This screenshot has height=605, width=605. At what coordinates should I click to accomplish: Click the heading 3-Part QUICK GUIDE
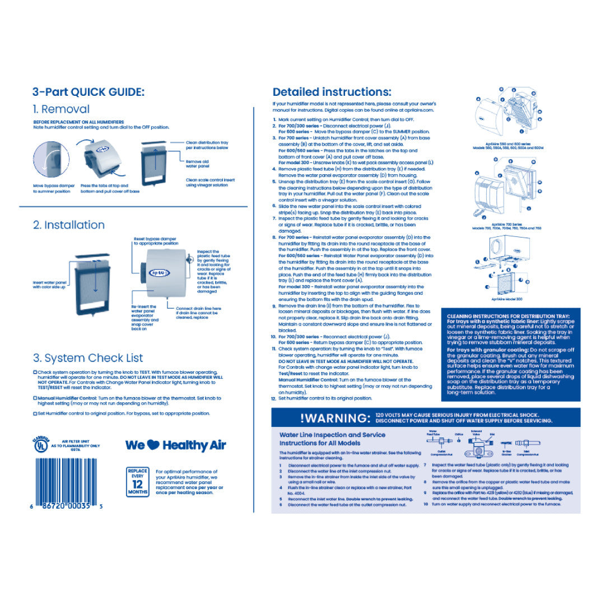click(x=88, y=92)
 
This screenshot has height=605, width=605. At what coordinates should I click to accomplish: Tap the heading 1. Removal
click(x=61, y=109)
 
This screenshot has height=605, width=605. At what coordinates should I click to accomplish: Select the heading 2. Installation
click(x=69, y=225)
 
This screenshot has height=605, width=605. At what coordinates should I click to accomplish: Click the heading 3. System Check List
click(x=88, y=358)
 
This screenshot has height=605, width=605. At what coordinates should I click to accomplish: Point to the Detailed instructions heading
click(x=332, y=92)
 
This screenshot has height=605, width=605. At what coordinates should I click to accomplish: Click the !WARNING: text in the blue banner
click(x=336, y=418)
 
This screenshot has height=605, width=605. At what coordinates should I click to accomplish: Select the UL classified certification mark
click(x=40, y=445)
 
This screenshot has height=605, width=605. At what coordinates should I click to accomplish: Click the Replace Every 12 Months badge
click(x=138, y=481)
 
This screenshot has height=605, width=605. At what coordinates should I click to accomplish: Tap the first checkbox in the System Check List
click(x=35, y=372)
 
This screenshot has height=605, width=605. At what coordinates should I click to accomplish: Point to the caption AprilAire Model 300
click(x=507, y=299)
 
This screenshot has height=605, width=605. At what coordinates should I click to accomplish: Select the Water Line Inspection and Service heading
click(x=332, y=438)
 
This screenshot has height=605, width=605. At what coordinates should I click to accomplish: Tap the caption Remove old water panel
click(x=198, y=164)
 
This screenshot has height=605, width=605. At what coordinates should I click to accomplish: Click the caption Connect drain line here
click(x=199, y=309)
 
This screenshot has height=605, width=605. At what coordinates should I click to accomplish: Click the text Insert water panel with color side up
click(x=50, y=285)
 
